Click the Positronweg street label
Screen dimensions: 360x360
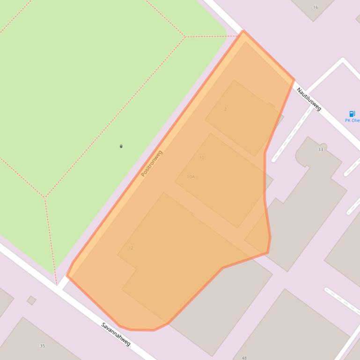pos(151,163)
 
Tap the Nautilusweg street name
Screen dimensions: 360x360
pos(309,99)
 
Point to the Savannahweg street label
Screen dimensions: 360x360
pos(116,334)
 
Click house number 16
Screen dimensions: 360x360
pos(315,7)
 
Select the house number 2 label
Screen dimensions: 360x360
pos(225,109)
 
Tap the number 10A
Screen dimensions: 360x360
pos(191,177)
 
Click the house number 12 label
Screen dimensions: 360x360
pos(131,248)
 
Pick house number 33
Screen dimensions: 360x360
pos(320,150)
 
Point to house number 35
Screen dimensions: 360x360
pos(42,346)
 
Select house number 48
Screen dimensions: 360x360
pos(244,358)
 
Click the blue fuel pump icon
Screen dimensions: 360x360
pos(352,114)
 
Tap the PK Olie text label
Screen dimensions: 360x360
pos(352,121)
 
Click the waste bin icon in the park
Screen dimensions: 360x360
pos(121,146)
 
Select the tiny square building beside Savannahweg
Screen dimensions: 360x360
pos(31,300)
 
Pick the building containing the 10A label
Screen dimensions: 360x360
pos(220,180)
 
